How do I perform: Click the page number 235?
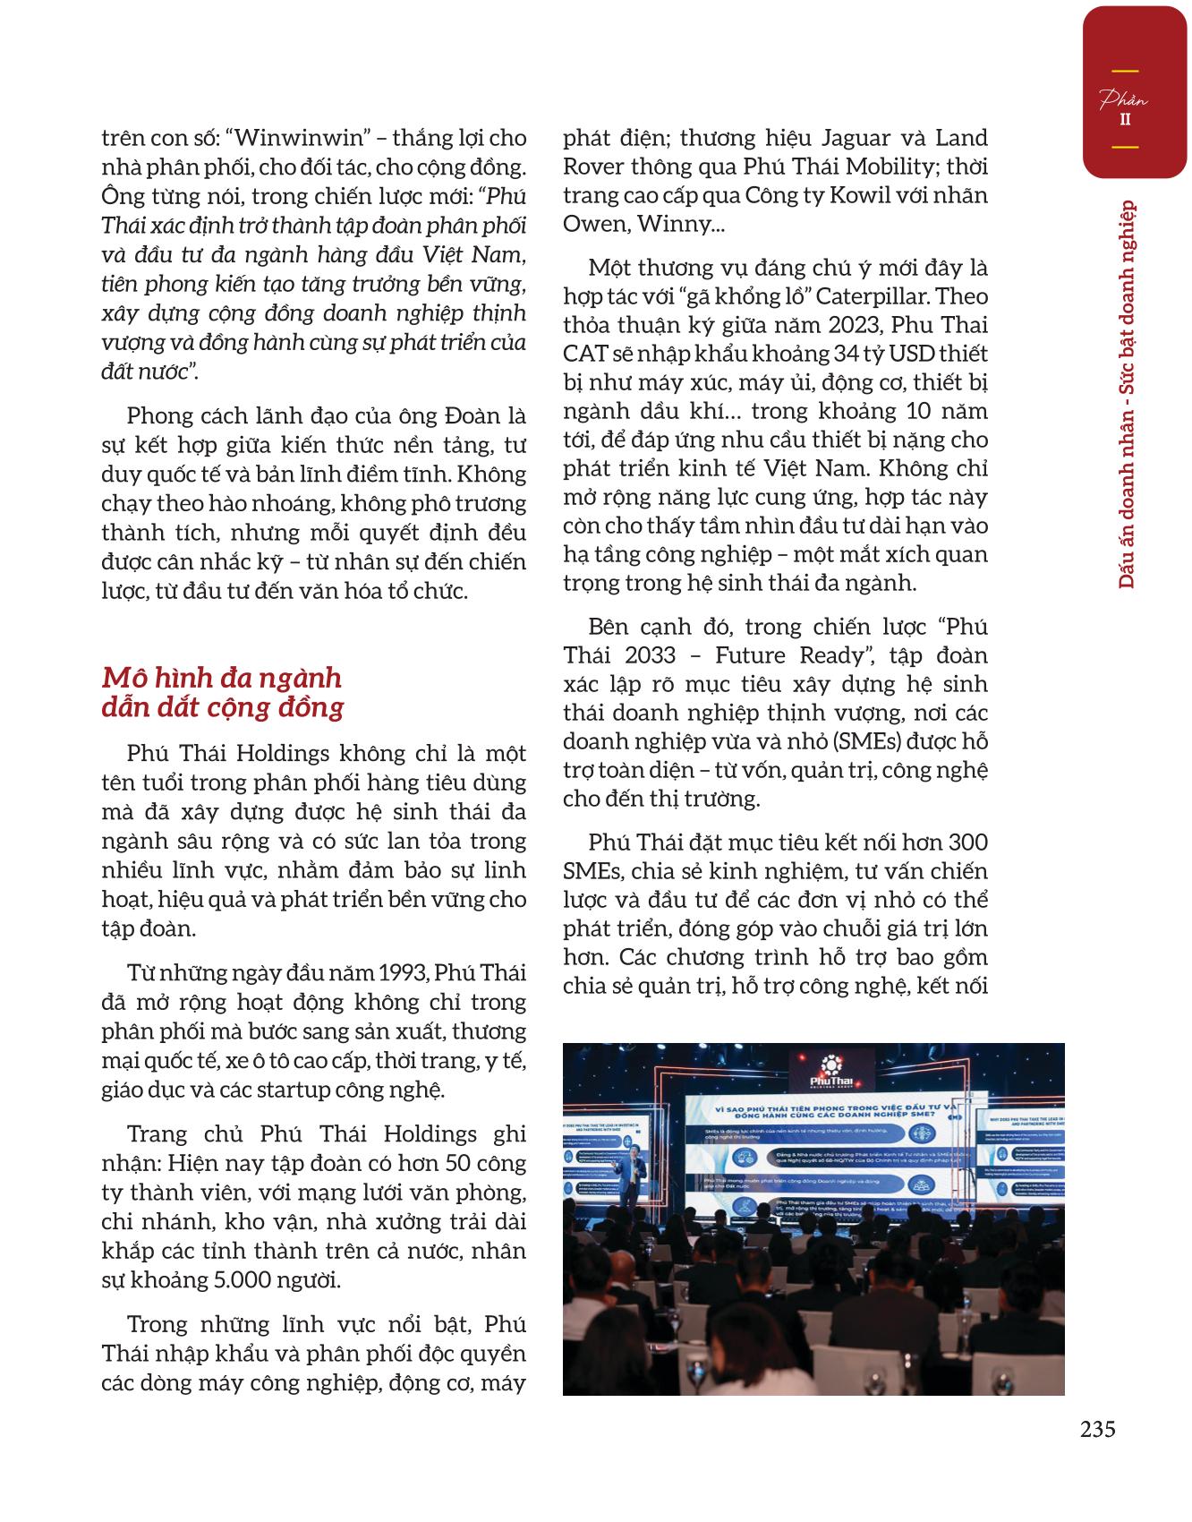pyautogui.click(x=1097, y=1429)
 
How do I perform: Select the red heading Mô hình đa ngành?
pyautogui.click(x=222, y=677)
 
